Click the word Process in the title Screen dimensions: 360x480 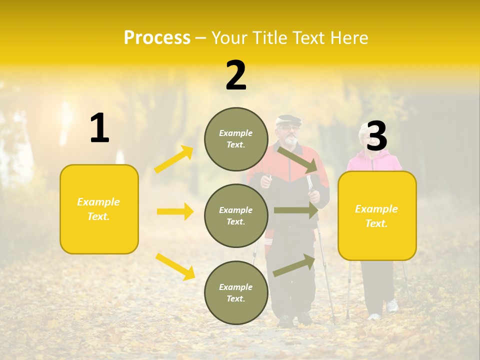pos(157,38)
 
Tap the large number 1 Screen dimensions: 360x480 pos(99,128)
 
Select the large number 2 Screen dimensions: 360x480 pos(236,75)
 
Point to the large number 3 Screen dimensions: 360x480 pos(376,136)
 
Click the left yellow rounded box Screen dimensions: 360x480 pos(99,209)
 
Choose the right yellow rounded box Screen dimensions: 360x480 pos(377,215)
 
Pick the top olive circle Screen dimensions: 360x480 pos(236,139)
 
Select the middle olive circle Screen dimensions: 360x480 pos(236,215)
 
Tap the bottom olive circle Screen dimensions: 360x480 pos(236,292)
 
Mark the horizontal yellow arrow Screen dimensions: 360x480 pos(175,211)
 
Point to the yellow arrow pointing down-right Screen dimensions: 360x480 pos(175,266)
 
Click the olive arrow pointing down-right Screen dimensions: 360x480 pos(298,159)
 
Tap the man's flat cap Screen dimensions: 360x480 pos(289,120)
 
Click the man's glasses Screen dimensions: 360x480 pos(287,128)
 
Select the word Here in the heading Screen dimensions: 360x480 pos(348,38)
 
